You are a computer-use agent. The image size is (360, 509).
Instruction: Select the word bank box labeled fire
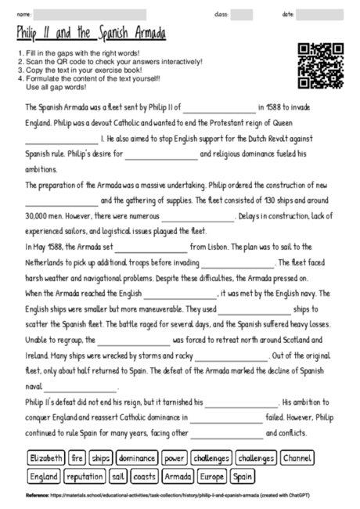tap(77, 458)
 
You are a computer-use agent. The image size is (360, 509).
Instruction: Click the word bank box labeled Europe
tap(212, 475)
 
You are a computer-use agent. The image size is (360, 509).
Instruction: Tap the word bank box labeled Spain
tap(243, 475)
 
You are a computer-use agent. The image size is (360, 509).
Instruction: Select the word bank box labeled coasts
tap(143, 475)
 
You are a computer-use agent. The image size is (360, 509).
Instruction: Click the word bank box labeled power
tap(175, 458)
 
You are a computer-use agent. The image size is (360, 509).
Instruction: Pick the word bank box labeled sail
tap(118, 475)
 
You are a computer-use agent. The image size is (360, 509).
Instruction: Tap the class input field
tap(241, 14)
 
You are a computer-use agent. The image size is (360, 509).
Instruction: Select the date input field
tap(319, 14)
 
